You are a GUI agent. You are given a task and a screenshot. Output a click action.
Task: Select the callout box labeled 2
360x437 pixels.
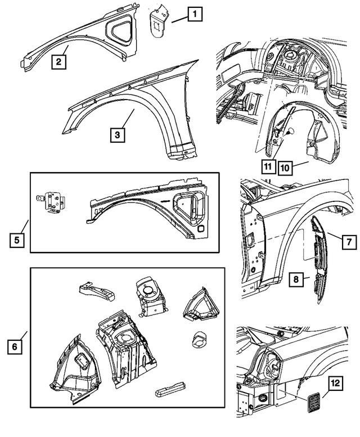[x=57, y=62]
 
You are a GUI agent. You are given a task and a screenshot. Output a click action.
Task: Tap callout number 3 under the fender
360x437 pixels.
[x=117, y=135]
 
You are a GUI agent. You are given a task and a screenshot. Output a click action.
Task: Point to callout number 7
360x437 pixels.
[x=348, y=242]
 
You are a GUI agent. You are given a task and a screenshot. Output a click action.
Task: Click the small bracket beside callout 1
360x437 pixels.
[x=158, y=22]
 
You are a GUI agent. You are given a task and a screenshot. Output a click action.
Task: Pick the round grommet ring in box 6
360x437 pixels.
[x=200, y=339]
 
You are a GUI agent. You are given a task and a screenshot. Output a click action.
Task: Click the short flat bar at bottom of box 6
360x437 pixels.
[x=169, y=389]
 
